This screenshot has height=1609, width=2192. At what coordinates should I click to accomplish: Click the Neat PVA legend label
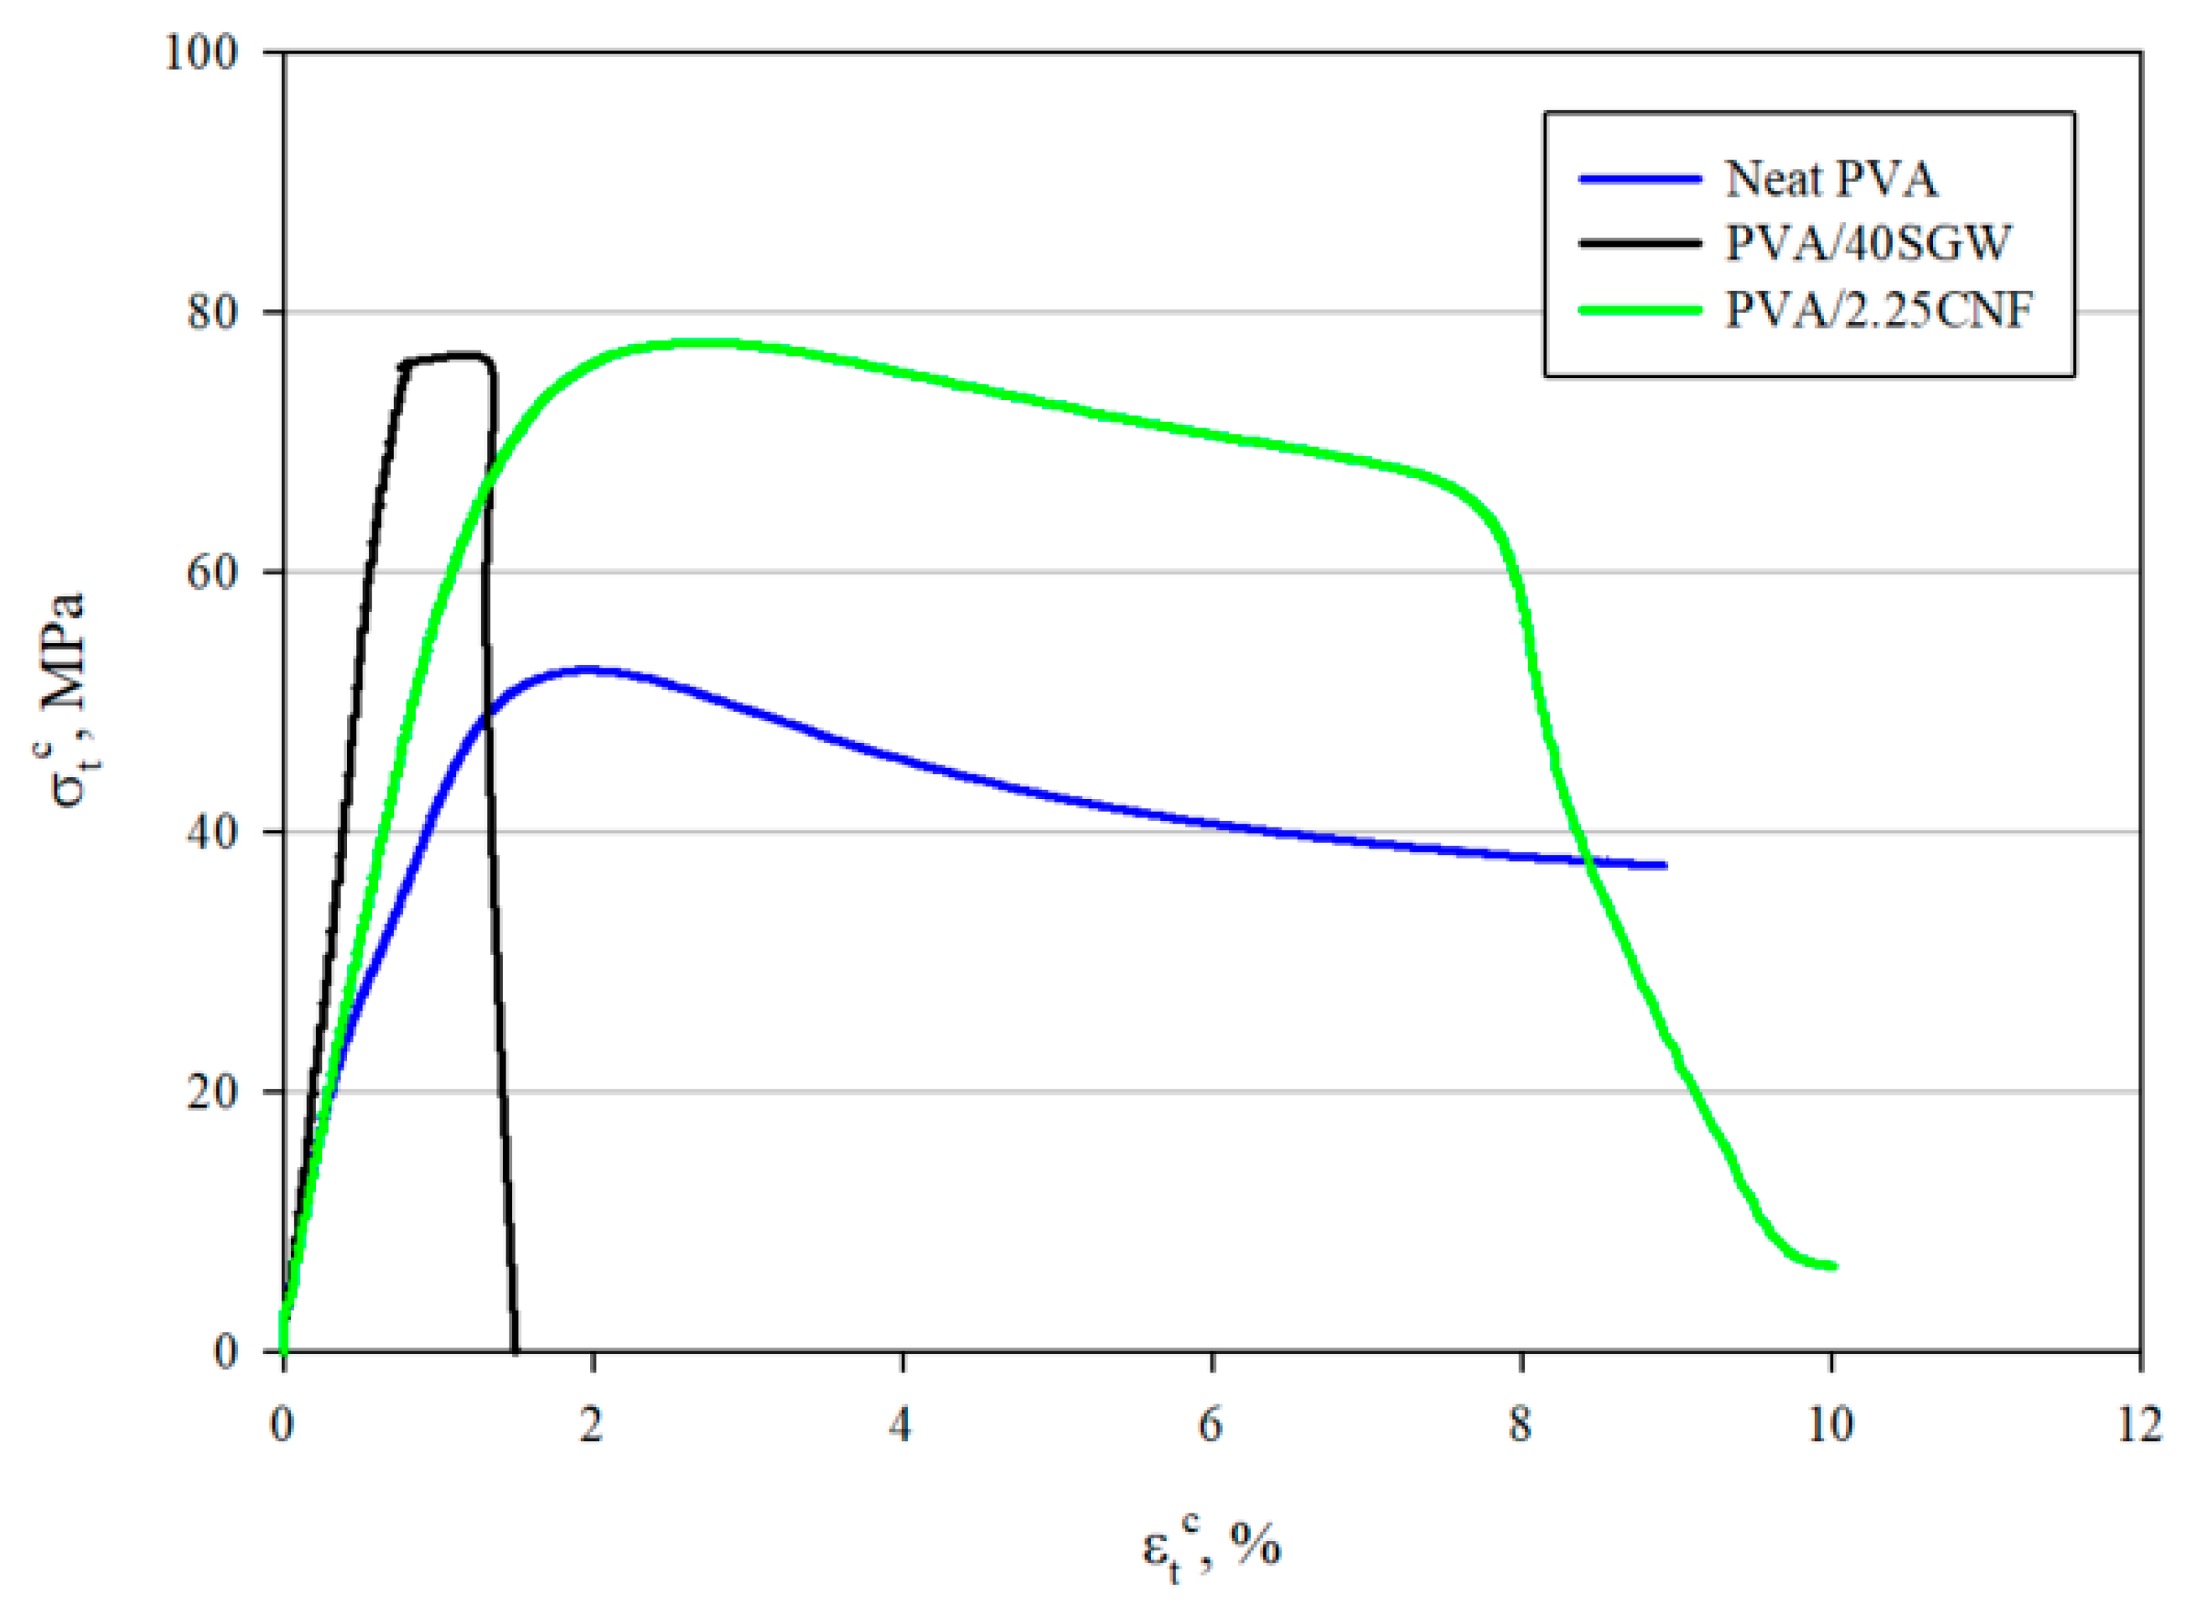1831,179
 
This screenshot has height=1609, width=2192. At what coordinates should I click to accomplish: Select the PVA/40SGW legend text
1867,242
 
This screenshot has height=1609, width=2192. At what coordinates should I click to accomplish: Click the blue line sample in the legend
1640,179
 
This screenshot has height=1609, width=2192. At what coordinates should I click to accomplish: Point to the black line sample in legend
1640,242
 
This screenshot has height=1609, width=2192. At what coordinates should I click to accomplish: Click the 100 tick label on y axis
201,53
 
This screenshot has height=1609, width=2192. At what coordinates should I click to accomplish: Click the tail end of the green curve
1832,1266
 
